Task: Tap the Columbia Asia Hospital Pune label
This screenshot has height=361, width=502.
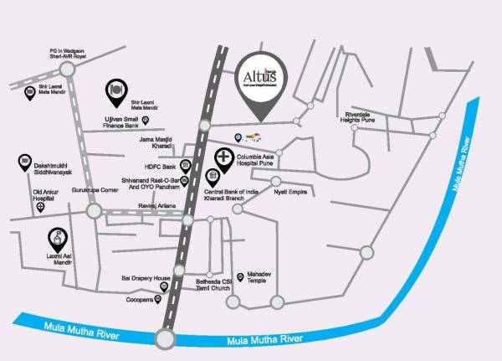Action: click(x=255, y=159)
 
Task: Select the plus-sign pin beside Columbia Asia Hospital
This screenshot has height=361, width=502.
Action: click(x=224, y=157)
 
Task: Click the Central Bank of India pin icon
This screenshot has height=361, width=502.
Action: click(x=213, y=177)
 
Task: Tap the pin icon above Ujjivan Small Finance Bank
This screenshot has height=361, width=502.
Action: click(x=115, y=90)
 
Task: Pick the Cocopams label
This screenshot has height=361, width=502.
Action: click(x=138, y=298)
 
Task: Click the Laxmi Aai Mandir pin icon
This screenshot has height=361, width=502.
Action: click(x=57, y=240)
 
